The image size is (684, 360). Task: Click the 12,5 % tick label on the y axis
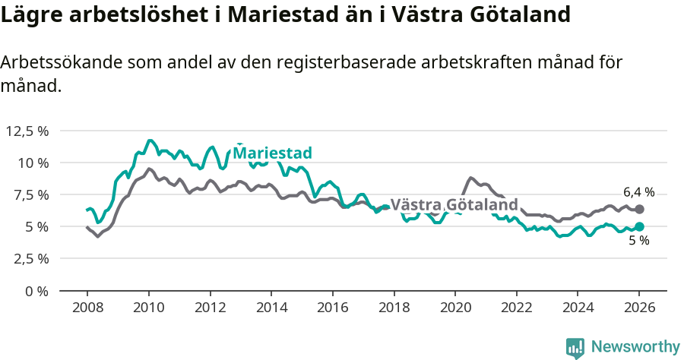point(27,131)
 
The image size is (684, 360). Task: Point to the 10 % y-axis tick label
point(33,163)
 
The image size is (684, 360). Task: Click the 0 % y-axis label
point(36,290)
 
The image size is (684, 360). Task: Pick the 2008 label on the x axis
point(87,308)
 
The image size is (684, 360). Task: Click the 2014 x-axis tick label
point(271,308)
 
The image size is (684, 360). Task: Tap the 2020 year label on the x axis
point(454,308)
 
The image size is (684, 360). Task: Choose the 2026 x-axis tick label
point(639,308)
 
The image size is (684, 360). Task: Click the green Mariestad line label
point(272,153)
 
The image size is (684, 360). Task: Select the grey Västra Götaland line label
point(454,204)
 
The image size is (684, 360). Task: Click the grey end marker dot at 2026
point(639,209)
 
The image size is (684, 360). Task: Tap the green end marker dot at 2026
point(639,226)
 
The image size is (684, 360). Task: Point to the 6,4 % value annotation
point(638,192)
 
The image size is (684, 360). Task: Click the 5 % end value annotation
point(639,241)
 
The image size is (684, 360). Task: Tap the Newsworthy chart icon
point(575,347)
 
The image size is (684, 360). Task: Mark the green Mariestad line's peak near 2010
point(150,141)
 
